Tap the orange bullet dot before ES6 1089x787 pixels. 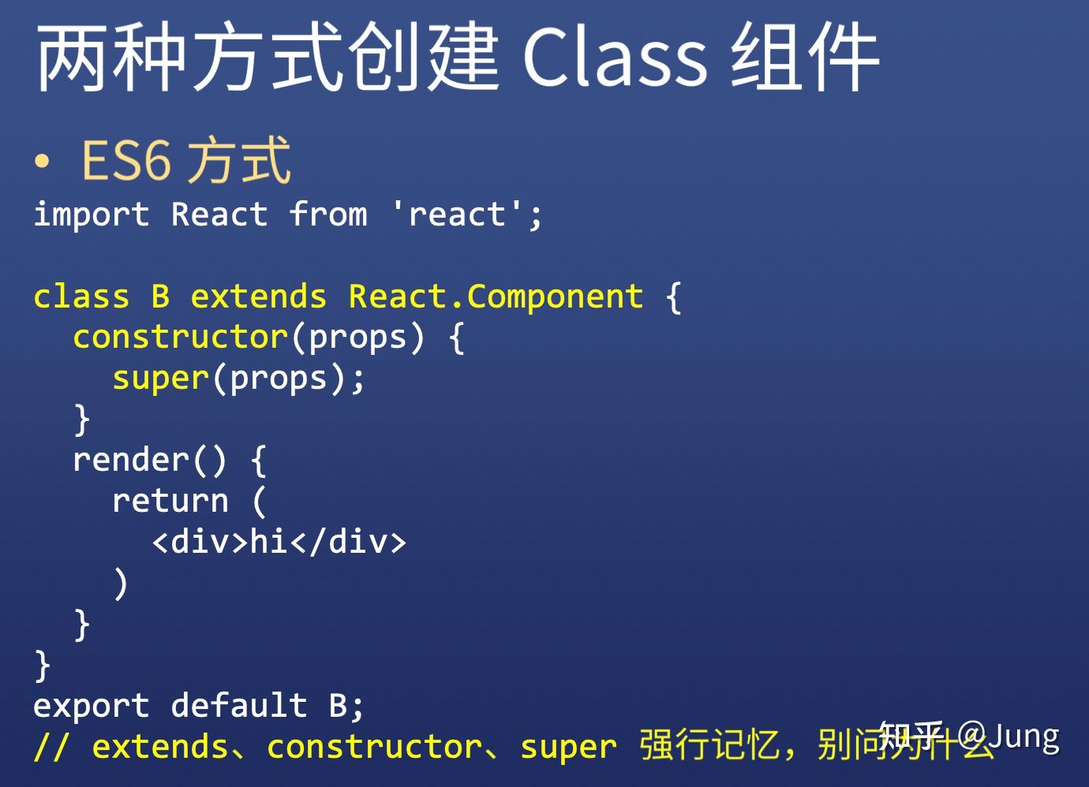pos(42,161)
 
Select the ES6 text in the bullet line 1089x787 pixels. pos(126,160)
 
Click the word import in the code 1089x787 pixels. pos(92,214)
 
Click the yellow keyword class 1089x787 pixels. pos(82,297)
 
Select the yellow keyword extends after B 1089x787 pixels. pos(258,297)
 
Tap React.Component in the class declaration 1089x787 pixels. pos(496,297)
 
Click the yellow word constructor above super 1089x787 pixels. pos(181,338)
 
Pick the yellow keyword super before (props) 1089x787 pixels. pos(161,379)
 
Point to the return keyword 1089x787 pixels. pos(170,501)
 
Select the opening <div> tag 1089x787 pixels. pos(200,543)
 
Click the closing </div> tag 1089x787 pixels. pos(348,543)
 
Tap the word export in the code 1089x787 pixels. pos(92,707)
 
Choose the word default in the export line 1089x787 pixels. pos(239,706)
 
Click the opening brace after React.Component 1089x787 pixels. pos(673,297)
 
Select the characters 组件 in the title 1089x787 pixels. pos(805,58)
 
